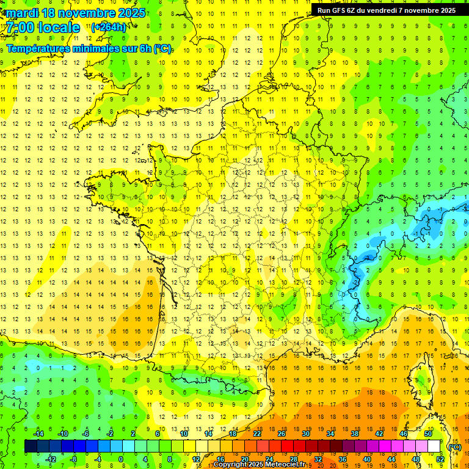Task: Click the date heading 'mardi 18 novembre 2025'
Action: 76,13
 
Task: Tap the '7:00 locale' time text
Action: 44,28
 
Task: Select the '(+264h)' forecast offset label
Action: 109,27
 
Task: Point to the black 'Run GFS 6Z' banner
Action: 385,10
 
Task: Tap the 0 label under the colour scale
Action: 122,459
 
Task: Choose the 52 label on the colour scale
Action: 440,459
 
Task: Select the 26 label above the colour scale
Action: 282,434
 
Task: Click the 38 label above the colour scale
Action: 355,434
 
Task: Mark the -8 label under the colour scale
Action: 74,459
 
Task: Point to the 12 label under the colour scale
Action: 196,459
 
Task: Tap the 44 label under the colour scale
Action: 391,459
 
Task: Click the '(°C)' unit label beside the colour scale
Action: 454,447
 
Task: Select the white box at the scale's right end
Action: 434,446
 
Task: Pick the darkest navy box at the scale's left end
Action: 31,446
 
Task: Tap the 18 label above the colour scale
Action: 233,434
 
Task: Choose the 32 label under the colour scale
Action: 318,459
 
